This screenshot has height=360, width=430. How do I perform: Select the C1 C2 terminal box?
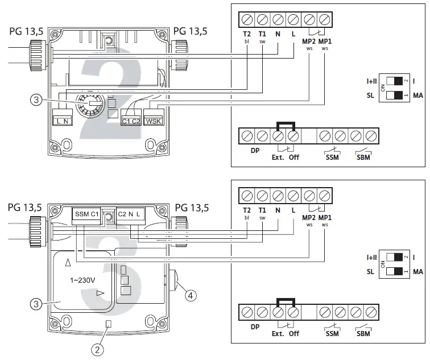click(132, 120)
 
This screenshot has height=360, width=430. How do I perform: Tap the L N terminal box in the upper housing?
click(62, 120)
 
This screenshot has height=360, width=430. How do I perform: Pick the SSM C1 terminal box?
click(87, 214)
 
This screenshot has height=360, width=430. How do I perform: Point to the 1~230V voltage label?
click(82, 280)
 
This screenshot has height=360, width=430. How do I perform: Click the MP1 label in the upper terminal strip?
click(324, 42)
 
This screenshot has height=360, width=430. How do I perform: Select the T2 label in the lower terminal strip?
click(247, 210)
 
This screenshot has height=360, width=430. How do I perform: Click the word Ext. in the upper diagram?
click(278, 157)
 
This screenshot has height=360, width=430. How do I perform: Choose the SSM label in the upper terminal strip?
click(332, 157)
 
